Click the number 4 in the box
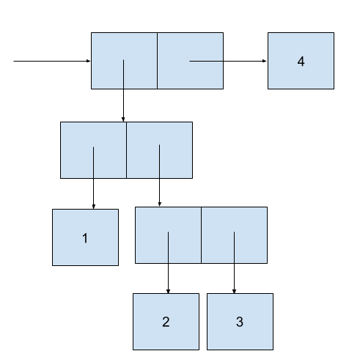pos(301,62)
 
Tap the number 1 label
pos(85,238)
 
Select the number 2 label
pos(166,322)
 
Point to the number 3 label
pos(240,322)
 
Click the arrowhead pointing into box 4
pos(265,61)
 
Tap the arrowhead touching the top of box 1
pos(93,207)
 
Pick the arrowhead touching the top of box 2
pos(168,292)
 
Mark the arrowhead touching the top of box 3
pos(234,292)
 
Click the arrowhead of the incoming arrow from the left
pos(89,61)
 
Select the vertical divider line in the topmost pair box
pos(157,61)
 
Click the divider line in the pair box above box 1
pos(126,150)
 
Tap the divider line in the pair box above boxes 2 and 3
pos(201,235)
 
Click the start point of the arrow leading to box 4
pos(190,61)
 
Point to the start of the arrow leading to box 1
pos(93,147)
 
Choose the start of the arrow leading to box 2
pos(168,232)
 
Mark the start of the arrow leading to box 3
pos(234,232)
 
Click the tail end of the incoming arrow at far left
pos(14,61)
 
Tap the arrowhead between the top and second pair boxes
pos(123,119)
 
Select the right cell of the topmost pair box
pos(191,61)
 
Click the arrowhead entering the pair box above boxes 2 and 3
pos(160,204)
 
